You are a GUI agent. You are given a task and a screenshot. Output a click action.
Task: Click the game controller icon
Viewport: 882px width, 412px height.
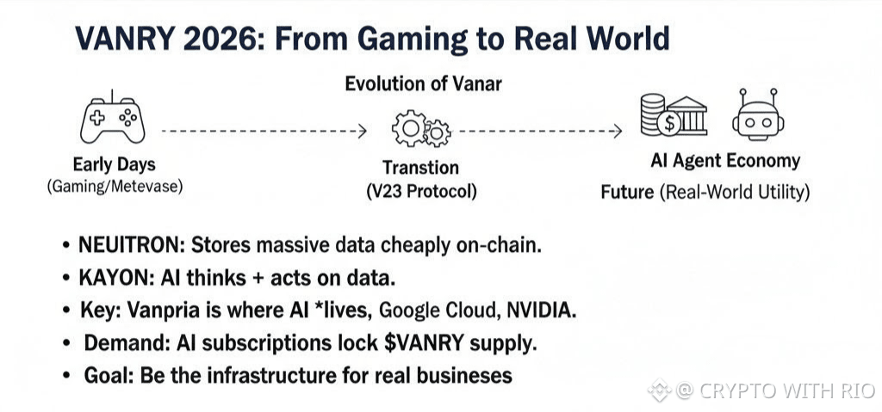tap(113, 117)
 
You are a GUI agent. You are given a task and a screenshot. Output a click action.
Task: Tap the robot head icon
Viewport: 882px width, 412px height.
tap(758, 114)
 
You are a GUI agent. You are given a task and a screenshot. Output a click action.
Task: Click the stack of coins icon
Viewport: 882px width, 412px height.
tap(653, 114)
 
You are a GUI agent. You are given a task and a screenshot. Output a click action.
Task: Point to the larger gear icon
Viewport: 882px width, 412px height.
tap(410, 128)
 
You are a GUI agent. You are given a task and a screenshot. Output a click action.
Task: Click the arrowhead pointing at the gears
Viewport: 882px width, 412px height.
tap(363, 131)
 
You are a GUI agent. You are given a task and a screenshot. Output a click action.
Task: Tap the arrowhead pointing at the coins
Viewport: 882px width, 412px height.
tap(618, 131)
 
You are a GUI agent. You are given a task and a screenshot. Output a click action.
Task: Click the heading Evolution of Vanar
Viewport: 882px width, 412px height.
tap(423, 83)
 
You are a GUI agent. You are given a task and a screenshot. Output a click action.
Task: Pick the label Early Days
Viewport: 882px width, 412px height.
tap(115, 164)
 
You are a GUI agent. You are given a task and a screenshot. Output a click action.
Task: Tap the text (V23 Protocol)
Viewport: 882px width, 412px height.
tap(420, 192)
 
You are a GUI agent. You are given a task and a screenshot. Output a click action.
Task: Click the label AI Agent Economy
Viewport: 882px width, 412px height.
tap(725, 161)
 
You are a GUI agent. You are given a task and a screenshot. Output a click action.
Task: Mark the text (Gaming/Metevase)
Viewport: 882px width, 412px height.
tap(115, 186)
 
